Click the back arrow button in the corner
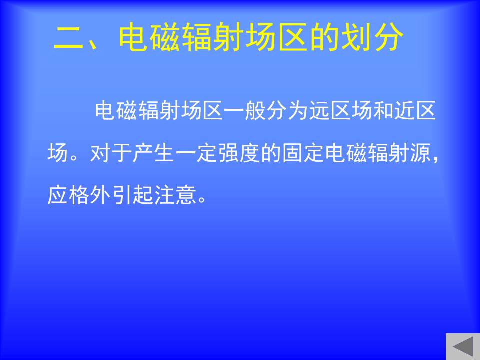pos(463,346)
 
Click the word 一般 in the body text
pos(245,110)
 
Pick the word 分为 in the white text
pos(287,110)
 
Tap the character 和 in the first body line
pos(383,110)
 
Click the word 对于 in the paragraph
pos(111,153)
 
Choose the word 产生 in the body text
pos(153,153)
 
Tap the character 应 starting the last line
pos(58,195)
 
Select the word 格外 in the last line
pos(89,195)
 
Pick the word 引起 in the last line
pos(132,195)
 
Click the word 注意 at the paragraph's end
pos(175,195)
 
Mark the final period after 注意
pos(202,200)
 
